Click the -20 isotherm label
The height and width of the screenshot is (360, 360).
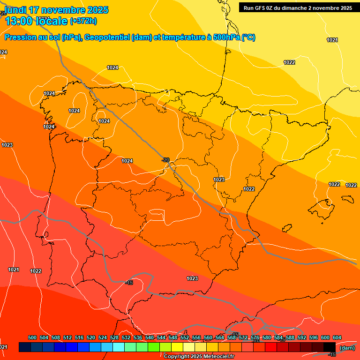click(165, 160)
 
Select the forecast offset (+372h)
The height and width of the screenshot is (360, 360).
click(83, 21)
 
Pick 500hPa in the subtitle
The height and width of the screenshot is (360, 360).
click(227, 37)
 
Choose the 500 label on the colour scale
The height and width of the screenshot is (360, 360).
click(32, 337)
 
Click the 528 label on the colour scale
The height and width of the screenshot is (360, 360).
click(114, 337)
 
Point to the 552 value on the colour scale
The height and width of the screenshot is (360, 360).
click(185, 337)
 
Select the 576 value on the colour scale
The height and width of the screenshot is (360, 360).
click(255, 337)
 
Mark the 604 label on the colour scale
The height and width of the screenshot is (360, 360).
click(337, 337)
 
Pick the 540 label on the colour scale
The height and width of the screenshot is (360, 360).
click(150, 337)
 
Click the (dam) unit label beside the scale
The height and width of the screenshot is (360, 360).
click(347, 348)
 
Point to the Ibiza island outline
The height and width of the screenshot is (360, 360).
click(287, 228)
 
